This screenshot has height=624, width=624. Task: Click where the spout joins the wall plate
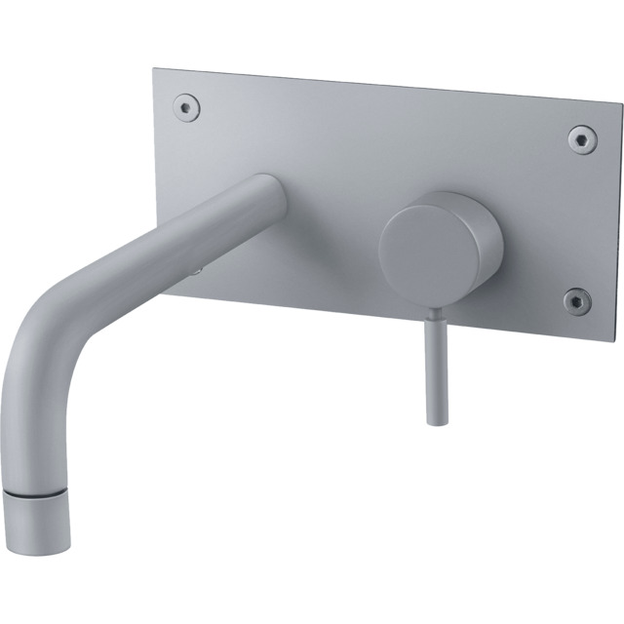click(x=268, y=195)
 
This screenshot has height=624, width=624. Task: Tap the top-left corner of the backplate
click(x=156, y=70)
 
